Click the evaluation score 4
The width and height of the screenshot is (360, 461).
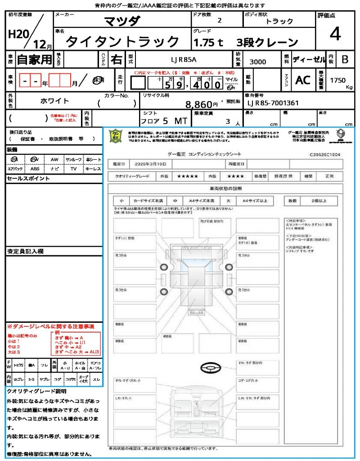[335, 34]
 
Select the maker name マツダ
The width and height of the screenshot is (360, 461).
[122, 21]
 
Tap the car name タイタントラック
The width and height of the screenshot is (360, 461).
[122, 42]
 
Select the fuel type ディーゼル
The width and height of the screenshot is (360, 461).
[309, 59]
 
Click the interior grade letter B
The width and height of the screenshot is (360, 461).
[345, 59]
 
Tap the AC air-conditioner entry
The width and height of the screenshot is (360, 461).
[303, 80]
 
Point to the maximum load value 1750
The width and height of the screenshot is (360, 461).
[338, 81]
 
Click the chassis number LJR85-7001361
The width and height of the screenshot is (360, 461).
[273, 103]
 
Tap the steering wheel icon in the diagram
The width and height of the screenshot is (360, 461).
[210, 369]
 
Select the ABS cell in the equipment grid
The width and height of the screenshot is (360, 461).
[35, 169]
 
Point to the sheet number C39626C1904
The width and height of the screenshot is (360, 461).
[325, 154]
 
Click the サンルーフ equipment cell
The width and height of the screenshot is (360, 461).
[73, 159]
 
